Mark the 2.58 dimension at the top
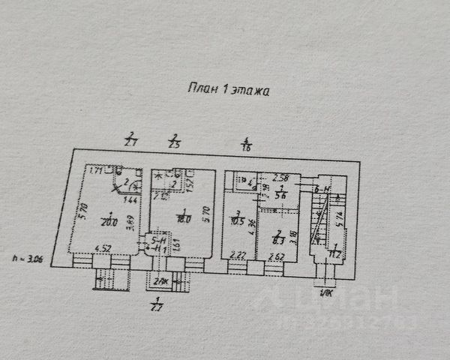pos(281,178)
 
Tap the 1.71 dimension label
pos(95,171)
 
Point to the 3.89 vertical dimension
pos(131,223)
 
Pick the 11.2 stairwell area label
pos(335,253)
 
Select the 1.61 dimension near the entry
pos(176,244)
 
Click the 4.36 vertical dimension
pos(253,222)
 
